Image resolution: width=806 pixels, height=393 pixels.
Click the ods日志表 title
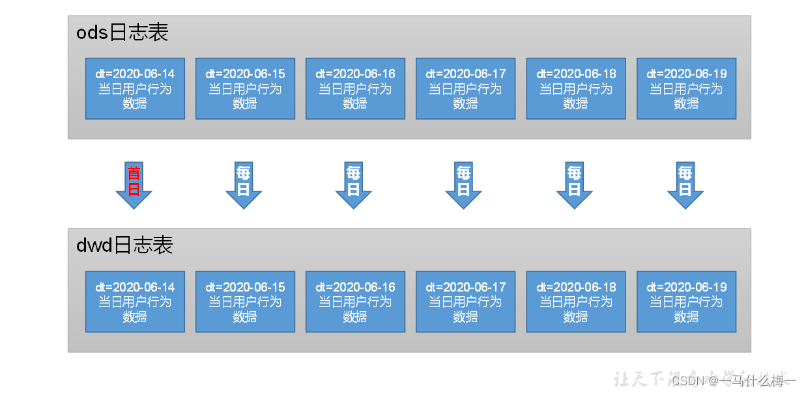(122, 33)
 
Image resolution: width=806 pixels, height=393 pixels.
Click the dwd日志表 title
(124, 245)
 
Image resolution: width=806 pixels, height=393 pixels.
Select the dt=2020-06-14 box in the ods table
(135, 88)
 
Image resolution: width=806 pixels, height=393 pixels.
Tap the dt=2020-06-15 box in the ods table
(245, 88)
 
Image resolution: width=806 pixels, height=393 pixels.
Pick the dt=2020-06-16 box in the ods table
(355, 88)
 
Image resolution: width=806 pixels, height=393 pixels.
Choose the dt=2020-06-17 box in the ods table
(465, 88)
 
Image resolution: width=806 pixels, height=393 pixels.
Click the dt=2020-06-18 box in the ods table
(576, 88)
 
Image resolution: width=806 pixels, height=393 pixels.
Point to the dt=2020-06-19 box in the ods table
(686, 88)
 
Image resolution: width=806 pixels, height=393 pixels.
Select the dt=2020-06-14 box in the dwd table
(135, 302)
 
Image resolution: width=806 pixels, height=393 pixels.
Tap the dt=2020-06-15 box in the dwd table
(245, 302)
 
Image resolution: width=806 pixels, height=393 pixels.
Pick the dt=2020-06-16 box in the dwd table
(355, 302)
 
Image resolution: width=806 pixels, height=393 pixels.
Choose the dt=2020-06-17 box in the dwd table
(465, 302)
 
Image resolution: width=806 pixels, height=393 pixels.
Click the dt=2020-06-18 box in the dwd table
(576, 302)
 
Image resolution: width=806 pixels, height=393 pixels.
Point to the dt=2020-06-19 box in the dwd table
(686, 302)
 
